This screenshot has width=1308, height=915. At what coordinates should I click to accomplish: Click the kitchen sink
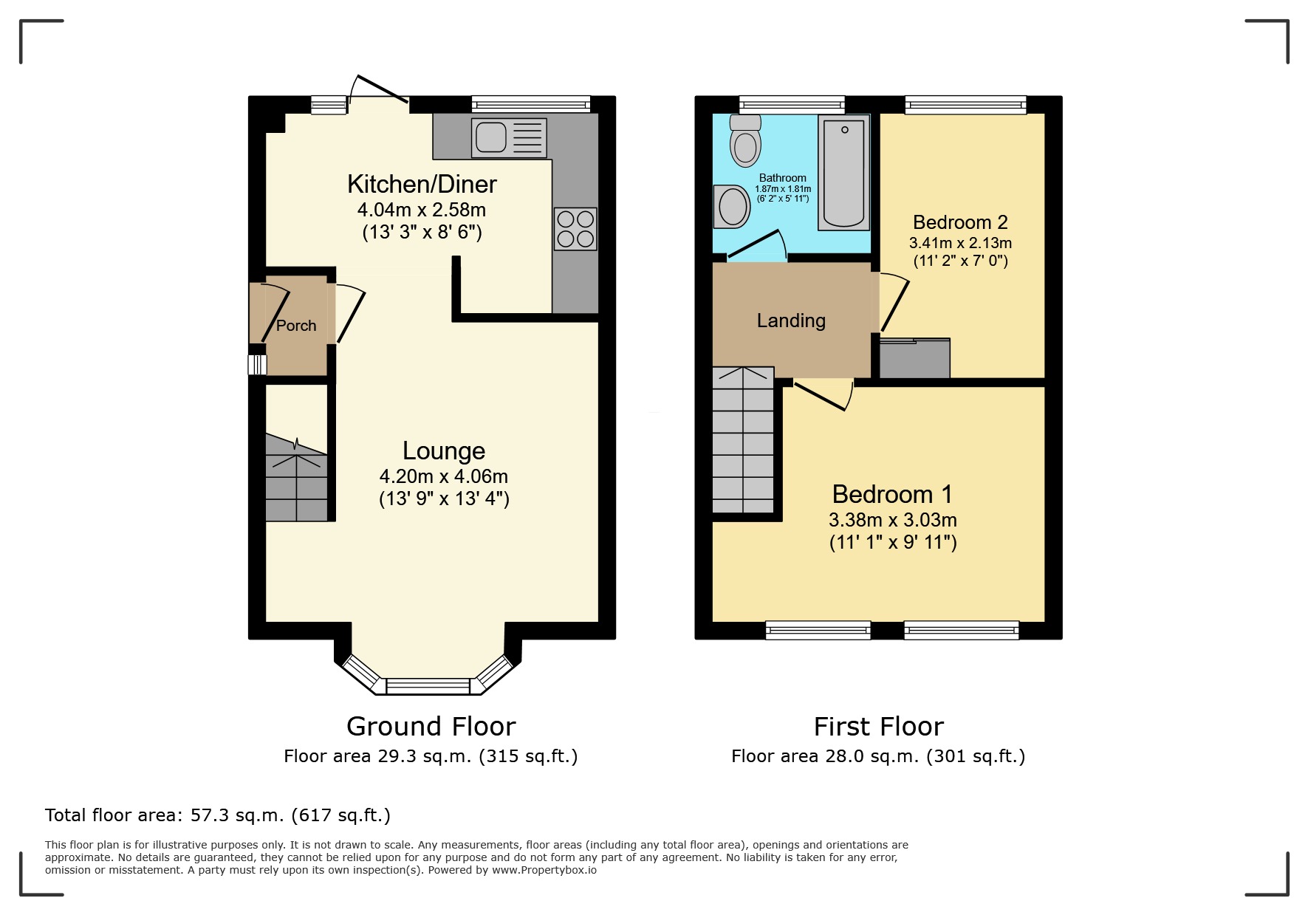[491, 137]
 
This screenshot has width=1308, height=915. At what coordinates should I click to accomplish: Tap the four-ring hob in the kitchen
[575, 229]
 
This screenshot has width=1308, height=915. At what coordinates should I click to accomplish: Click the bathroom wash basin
[733, 206]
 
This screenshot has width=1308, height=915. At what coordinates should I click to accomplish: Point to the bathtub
[843, 174]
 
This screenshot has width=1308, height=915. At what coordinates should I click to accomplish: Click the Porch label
[296, 326]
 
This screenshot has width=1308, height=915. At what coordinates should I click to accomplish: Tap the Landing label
[791, 321]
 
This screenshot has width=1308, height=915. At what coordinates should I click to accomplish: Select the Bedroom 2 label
[960, 222]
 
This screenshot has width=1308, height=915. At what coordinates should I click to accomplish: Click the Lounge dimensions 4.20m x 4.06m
[443, 476]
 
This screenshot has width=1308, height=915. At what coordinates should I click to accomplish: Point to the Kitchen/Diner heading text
[422, 184]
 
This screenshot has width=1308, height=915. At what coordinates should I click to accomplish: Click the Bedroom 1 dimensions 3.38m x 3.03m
[892, 520]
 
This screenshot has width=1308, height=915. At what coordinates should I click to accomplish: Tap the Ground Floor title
[431, 727]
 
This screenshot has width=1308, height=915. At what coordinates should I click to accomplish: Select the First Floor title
[878, 727]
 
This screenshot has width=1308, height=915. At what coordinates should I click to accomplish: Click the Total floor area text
[217, 815]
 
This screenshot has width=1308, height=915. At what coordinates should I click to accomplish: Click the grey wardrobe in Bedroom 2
[914, 359]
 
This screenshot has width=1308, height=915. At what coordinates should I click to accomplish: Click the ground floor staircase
[296, 484]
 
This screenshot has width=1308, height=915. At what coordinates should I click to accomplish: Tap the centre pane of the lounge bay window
[428, 686]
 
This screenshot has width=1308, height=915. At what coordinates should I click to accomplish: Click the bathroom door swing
[757, 247]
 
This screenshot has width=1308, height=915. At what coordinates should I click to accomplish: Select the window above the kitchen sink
[530, 105]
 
